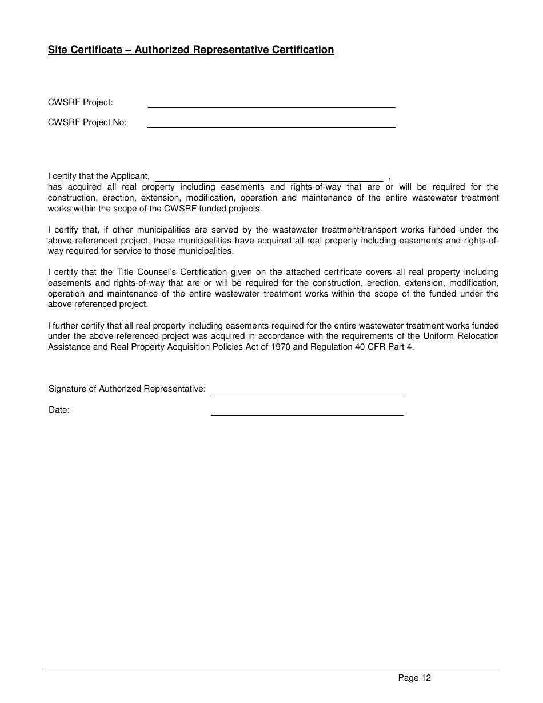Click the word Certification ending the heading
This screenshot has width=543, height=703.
[x=302, y=50]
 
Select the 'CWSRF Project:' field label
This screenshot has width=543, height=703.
[x=81, y=102]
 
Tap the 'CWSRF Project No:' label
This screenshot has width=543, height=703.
[x=87, y=122]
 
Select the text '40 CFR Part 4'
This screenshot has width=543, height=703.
[x=386, y=347]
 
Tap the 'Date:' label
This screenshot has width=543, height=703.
[x=59, y=410]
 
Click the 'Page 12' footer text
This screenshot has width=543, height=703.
[x=414, y=678]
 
